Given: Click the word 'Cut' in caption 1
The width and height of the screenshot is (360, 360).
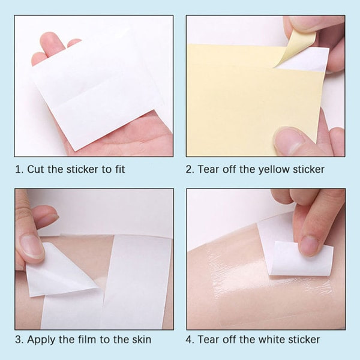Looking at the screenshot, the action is click(x=35, y=169).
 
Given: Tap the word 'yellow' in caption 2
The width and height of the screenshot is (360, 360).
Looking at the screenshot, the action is click(x=274, y=170).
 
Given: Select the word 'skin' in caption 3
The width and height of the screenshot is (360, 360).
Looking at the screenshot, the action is click(x=141, y=340).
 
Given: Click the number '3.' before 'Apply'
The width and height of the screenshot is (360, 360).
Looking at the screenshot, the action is click(x=20, y=340).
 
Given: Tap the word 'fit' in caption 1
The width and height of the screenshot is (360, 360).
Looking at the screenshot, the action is click(x=119, y=169).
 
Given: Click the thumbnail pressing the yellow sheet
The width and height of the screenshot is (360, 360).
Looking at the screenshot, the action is click(x=287, y=140).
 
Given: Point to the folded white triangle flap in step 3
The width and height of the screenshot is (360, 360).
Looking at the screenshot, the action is click(x=59, y=272).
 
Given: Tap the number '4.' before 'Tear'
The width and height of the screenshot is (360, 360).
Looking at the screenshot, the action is click(x=190, y=340).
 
